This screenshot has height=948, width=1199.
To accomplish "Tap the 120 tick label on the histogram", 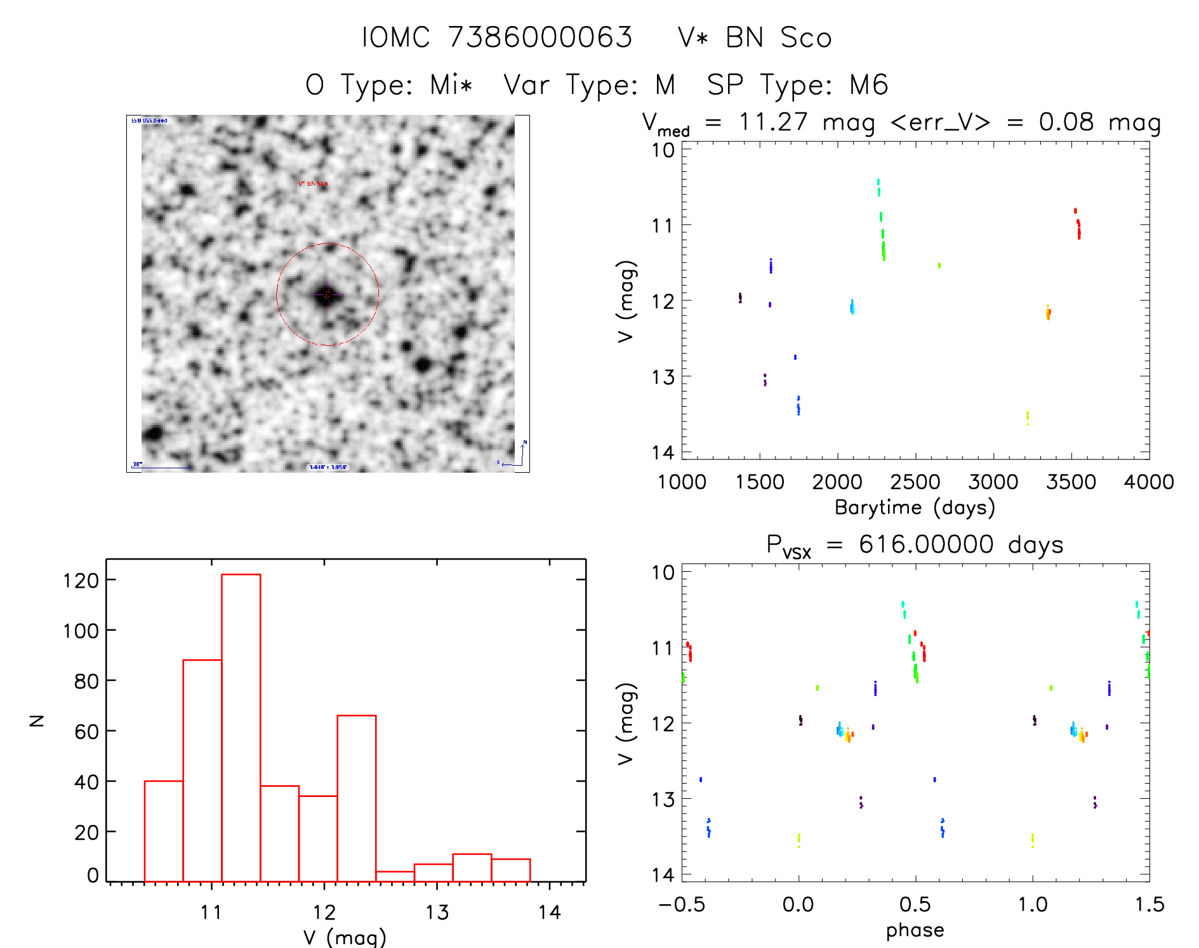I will click(x=81, y=580).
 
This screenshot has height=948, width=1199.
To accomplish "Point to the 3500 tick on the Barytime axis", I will click(x=1071, y=482).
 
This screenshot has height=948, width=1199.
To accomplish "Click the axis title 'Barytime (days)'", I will click(x=915, y=508).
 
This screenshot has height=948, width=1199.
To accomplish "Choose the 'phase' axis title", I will click(x=915, y=930).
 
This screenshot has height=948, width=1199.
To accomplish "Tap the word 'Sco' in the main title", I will click(x=805, y=38).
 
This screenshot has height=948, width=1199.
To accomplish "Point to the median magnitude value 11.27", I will click(x=772, y=122).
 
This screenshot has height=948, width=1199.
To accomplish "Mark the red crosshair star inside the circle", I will click(x=327, y=294).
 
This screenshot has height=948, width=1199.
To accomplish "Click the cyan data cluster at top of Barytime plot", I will click(x=878, y=186).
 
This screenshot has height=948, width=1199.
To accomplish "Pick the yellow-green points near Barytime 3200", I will click(x=1027, y=418).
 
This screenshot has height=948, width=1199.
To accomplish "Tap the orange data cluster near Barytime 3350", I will click(x=1048, y=313).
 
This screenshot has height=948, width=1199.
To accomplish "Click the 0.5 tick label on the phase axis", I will click(x=915, y=904).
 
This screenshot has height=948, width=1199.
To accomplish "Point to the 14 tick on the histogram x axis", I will click(x=549, y=912).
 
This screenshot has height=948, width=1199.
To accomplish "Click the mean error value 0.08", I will click(x=1066, y=122).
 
